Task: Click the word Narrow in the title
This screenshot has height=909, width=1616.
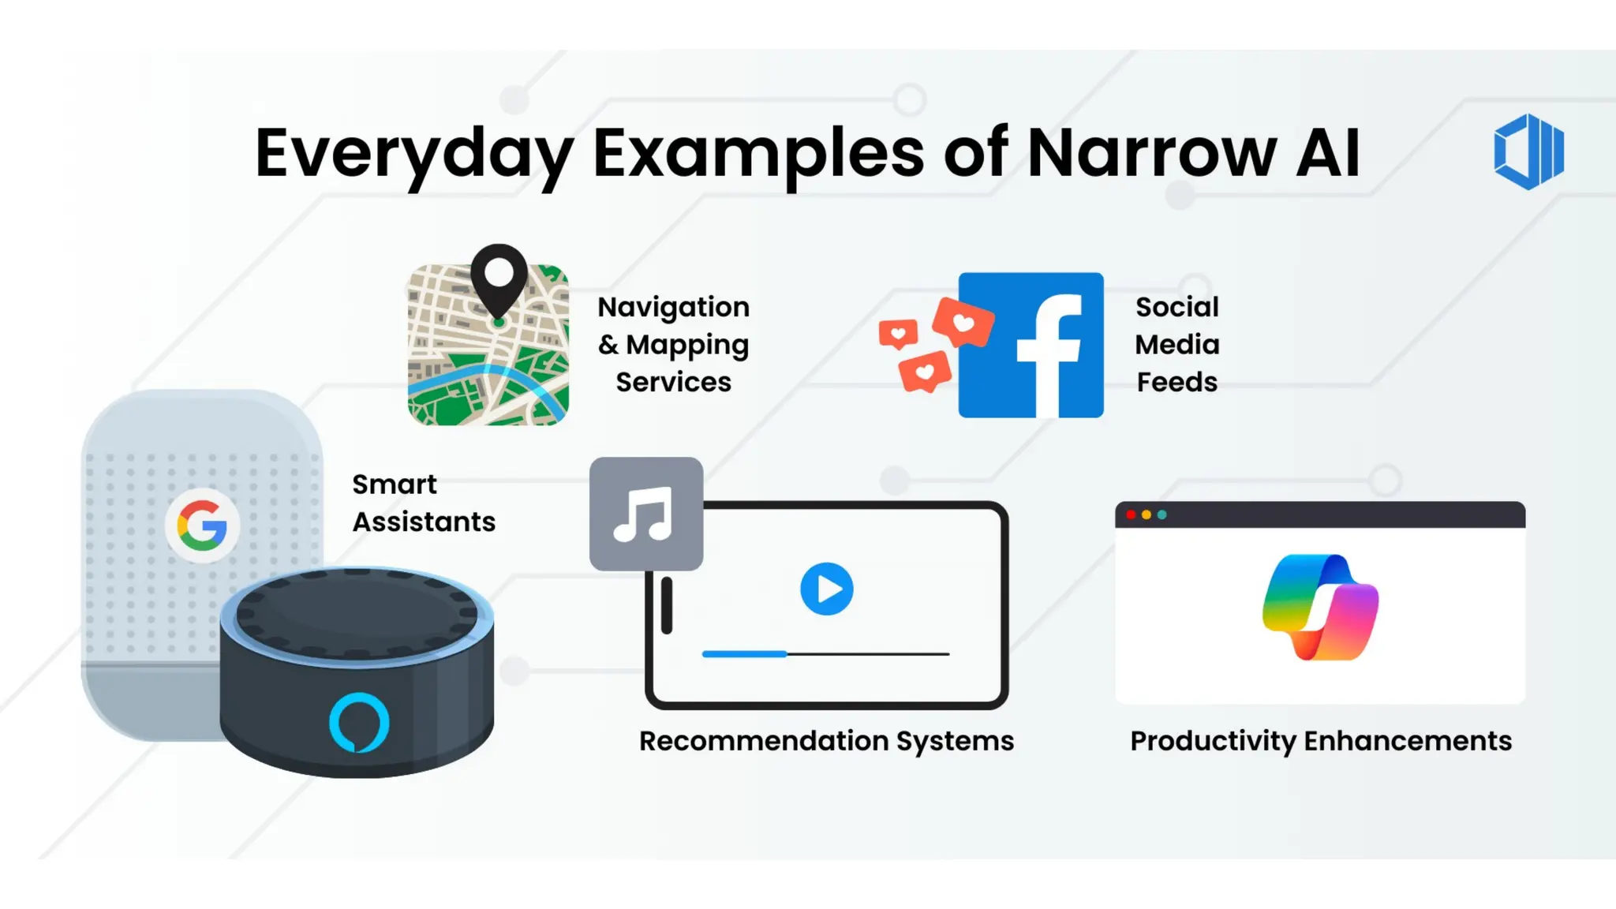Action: coord(1151,153)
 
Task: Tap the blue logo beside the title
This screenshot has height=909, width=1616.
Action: coord(1528,151)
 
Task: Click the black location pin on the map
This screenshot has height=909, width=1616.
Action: coord(499,278)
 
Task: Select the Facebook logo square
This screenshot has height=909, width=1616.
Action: coord(1031,345)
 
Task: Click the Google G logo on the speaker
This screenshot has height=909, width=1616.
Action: coord(202,525)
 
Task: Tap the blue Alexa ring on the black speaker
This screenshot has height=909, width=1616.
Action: coord(359,722)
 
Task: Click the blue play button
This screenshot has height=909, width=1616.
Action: coord(826,589)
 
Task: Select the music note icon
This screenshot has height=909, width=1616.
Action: coord(645,514)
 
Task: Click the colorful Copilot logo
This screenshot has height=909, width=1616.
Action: coord(1320,607)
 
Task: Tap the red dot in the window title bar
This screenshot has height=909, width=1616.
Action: coord(1131,514)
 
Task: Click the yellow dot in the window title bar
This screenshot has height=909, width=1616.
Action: coord(1147,514)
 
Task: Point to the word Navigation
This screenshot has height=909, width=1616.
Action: coord(673,307)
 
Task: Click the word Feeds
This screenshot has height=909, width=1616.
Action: coord(1176,383)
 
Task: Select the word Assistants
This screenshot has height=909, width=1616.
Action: coord(424,522)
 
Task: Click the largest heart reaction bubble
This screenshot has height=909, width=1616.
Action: coord(963,322)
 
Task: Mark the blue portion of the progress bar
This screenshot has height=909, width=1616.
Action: coord(744,653)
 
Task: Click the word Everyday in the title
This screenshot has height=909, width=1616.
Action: coord(413,153)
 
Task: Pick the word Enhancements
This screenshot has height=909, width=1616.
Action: coord(1408,741)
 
